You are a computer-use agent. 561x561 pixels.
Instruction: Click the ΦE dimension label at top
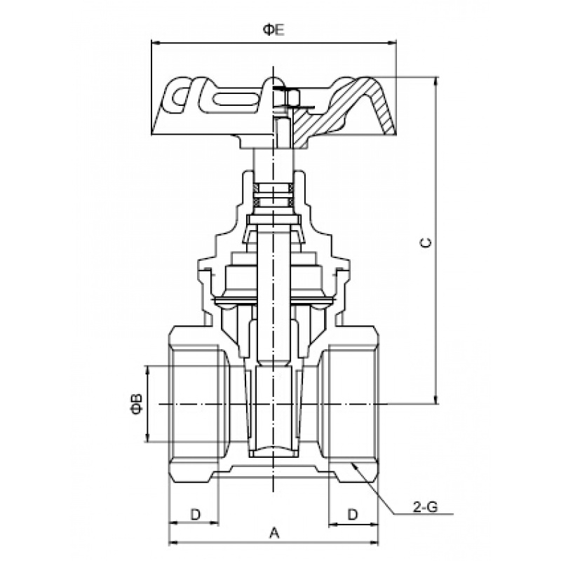tap(273, 30)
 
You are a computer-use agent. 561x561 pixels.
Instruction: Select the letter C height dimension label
tap(426, 243)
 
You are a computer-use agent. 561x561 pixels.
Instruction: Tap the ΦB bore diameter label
tap(137, 404)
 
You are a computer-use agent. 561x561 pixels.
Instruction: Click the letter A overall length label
tap(273, 533)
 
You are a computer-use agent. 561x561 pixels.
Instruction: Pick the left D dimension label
tap(196, 515)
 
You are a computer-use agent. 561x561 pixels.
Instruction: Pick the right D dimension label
tap(353, 515)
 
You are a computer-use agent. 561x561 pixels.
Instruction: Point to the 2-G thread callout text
tap(425, 507)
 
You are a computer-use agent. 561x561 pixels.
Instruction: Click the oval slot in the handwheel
tap(236, 99)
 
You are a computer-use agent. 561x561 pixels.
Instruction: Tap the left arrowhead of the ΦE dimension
tap(156, 43)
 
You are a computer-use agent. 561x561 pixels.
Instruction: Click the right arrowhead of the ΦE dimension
tap(392, 43)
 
